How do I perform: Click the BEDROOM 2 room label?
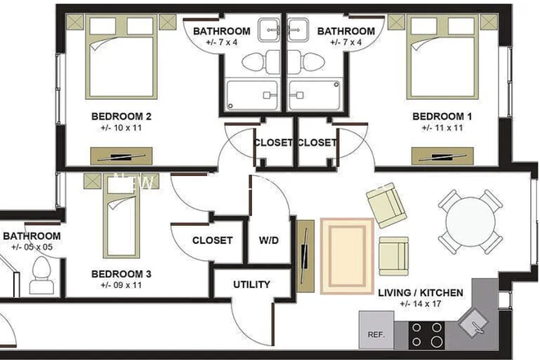[x=120, y=115]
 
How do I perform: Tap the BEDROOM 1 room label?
[x=442, y=115]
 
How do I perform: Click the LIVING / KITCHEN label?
[x=421, y=293]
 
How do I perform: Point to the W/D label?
[x=268, y=241]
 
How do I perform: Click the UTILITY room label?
[x=251, y=285]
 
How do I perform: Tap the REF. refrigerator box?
[x=376, y=335]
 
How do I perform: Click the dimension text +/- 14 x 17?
[x=421, y=304]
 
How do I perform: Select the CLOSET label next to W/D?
[x=213, y=241]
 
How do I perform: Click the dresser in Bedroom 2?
[x=120, y=155]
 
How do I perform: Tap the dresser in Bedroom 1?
[x=442, y=155]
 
